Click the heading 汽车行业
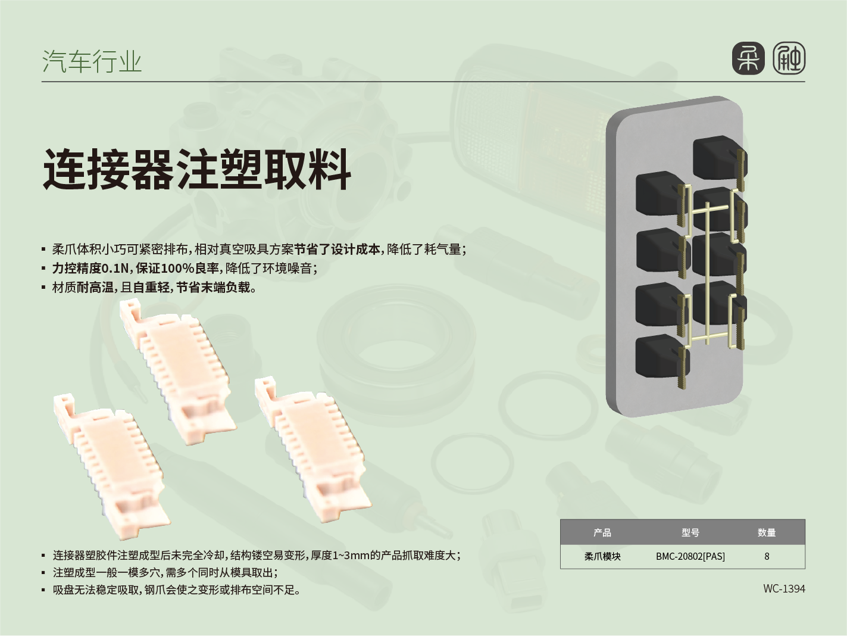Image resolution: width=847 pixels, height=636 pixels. click(x=92, y=61)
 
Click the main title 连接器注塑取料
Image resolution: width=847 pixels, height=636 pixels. click(x=197, y=169)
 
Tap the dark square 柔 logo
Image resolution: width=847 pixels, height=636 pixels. click(x=748, y=58)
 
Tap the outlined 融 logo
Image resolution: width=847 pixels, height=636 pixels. click(x=789, y=58)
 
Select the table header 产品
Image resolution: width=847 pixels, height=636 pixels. click(x=602, y=532)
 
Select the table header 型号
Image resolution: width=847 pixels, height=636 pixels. click(x=690, y=532)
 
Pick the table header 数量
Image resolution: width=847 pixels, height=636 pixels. click(x=767, y=532)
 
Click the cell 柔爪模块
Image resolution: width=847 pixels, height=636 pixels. click(x=602, y=556)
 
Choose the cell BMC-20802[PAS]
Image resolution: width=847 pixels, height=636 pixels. click(x=690, y=556)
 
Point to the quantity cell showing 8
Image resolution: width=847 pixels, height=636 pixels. click(x=767, y=556)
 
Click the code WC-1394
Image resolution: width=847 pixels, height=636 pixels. click(x=784, y=589)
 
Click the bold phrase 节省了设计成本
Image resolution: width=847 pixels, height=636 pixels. click(x=337, y=250)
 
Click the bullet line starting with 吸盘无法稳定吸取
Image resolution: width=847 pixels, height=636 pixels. click(x=176, y=590)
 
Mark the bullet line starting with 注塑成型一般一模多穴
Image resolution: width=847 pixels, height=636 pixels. click(x=165, y=573)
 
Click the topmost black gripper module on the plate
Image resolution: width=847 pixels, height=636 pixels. click(x=720, y=158)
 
